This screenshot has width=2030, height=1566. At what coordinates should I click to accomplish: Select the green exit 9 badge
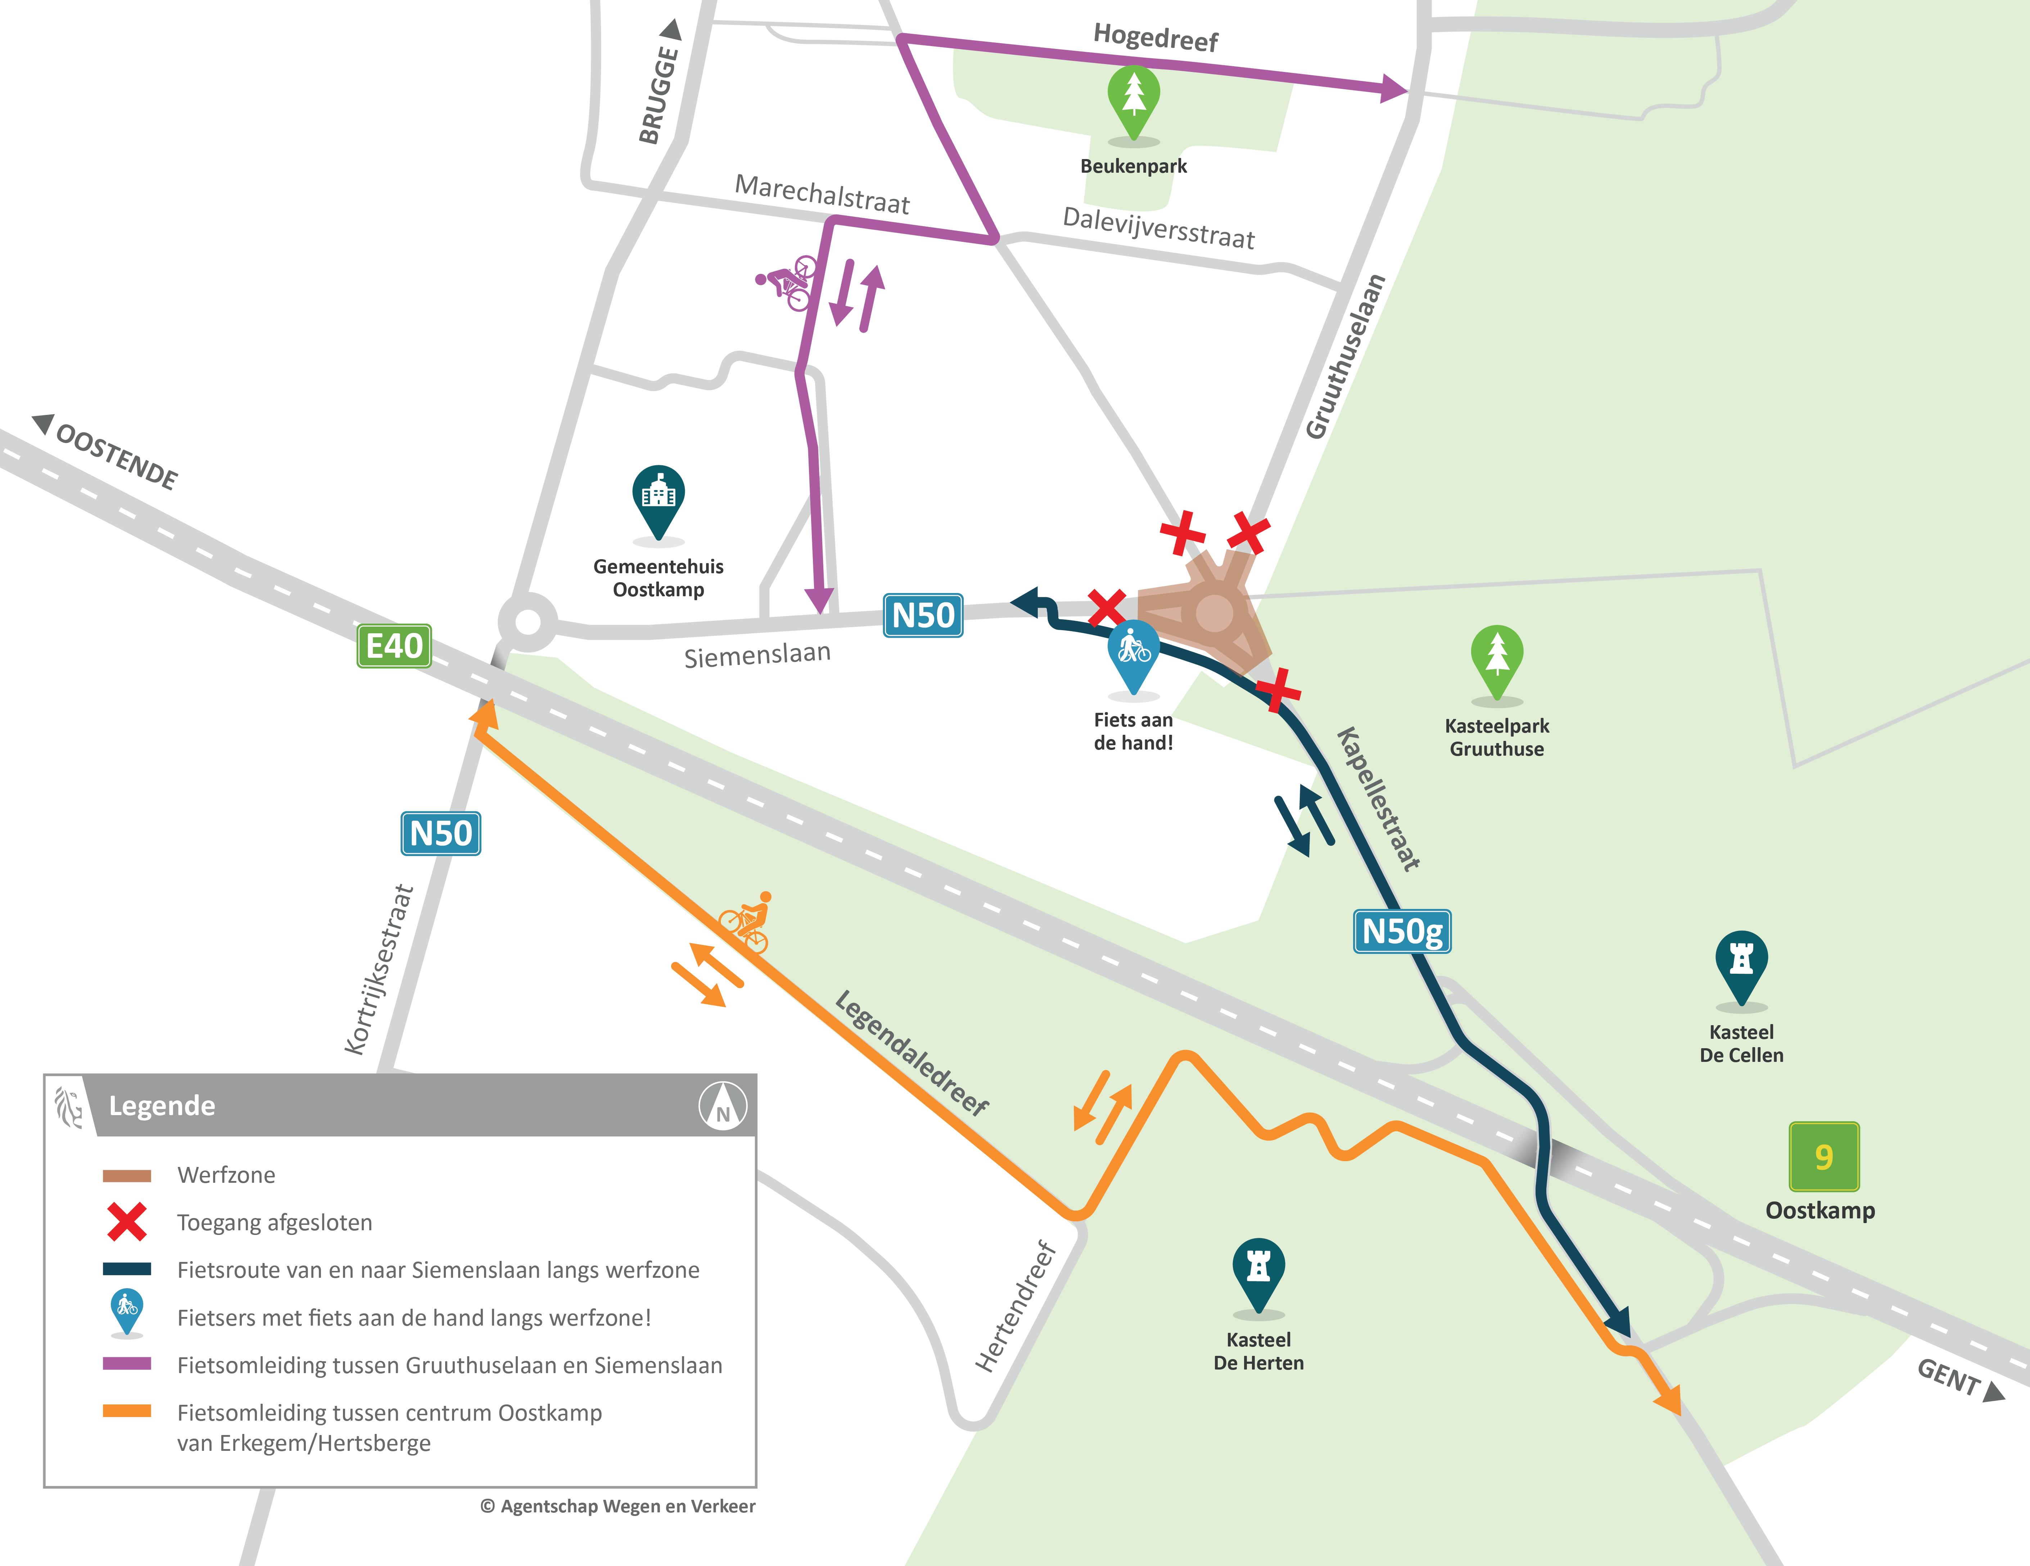click(1824, 1156)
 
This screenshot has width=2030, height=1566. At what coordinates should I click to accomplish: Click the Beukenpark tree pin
click(1133, 100)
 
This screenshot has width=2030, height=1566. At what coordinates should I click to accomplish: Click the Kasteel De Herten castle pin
click(1258, 1271)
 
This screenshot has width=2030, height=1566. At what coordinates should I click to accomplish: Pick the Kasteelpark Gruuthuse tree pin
click(1496, 658)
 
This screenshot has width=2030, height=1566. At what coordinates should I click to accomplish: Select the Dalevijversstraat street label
click(1158, 228)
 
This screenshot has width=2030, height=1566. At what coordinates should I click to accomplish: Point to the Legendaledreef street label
click(911, 1052)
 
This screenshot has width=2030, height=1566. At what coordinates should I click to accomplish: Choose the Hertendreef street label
click(1016, 1306)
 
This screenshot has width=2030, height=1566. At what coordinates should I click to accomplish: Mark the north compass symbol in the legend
click(722, 1106)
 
